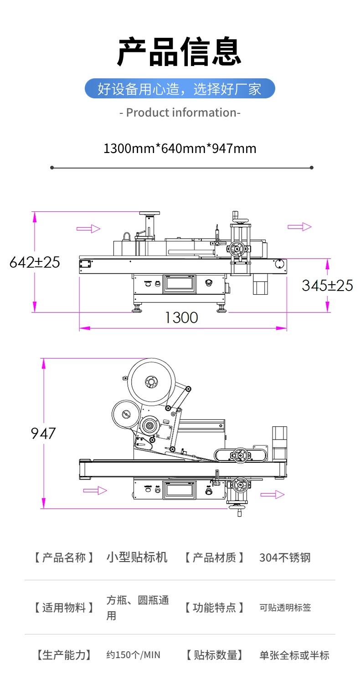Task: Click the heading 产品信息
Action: (x=180, y=51)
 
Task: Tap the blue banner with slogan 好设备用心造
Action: (x=180, y=88)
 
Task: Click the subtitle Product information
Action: (x=180, y=112)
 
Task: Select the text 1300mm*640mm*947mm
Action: (x=180, y=148)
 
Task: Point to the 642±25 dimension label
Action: (x=35, y=262)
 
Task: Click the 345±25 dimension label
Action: (x=327, y=285)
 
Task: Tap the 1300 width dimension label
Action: (x=182, y=317)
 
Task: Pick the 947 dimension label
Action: (x=43, y=433)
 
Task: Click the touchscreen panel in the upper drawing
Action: (x=180, y=283)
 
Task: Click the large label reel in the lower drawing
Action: (x=151, y=382)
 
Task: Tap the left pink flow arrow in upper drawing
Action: (x=88, y=229)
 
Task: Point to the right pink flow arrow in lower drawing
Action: (x=273, y=495)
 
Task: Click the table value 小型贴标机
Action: (x=137, y=557)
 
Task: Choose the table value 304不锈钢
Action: (x=285, y=557)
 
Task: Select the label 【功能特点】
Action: (x=214, y=607)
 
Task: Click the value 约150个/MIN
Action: (x=134, y=655)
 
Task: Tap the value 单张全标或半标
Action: (x=294, y=655)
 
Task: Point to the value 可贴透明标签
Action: (x=285, y=607)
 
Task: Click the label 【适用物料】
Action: (x=64, y=607)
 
